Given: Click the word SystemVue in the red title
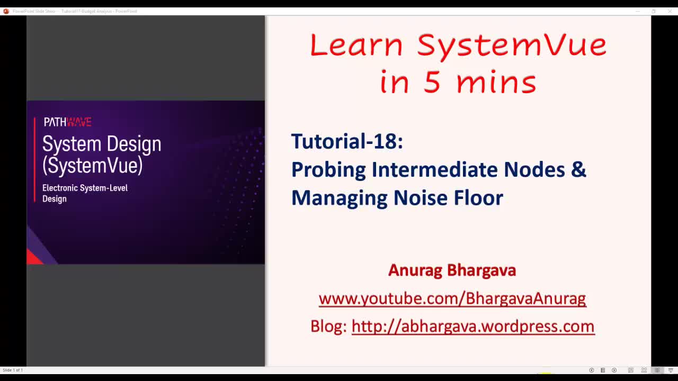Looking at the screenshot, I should [512, 46].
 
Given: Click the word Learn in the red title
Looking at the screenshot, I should [356, 46].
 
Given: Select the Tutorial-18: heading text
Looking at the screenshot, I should [347, 141].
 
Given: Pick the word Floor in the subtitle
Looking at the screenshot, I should [478, 197].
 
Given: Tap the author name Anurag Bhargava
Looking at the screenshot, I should [452, 270].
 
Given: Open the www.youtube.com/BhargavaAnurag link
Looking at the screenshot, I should [452, 298].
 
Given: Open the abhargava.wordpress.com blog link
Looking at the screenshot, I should [472, 326].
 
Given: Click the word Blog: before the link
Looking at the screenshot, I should [328, 326].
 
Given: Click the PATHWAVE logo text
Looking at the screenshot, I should [67, 122].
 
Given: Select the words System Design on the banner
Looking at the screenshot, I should [102, 144].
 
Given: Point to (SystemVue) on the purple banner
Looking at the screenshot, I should [93, 166].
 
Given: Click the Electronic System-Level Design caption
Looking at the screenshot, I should [85, 193].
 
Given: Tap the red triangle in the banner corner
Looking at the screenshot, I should [34, 258].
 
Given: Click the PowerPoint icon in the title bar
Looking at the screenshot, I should [6, 11].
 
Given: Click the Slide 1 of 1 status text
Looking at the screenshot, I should [13, 370].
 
